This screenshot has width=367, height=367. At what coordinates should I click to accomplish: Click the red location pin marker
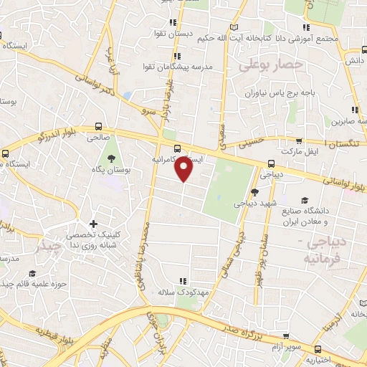(184, 169)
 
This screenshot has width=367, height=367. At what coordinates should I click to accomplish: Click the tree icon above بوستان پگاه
(111, 156)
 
